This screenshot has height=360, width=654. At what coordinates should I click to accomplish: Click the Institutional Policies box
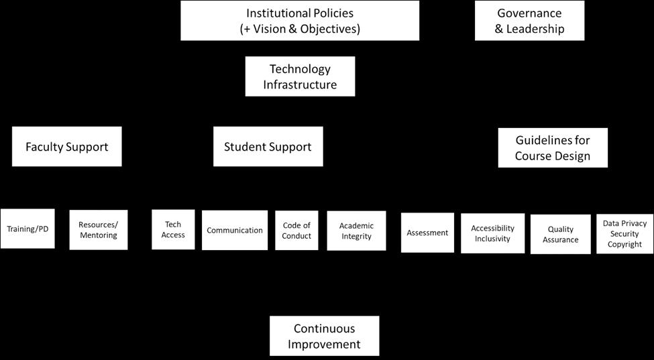pyautogui.click(x=300, y=21)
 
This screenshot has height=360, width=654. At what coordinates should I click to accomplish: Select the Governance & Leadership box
pyautogui.click(x=529, y=21)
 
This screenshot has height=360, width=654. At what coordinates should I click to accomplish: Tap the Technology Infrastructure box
pyautogui.click(x=300, y=76)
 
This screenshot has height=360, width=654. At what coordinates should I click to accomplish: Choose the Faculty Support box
pyautogui.click(x=66, y=147)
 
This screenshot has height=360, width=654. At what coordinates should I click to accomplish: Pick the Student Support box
pyautogui.click(x=268, y=147)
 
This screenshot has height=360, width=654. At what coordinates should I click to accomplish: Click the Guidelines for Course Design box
pyautogui.click(x=553, y=147)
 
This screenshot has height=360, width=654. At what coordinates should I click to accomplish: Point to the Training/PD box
pyautogui.click(x=28, y=229)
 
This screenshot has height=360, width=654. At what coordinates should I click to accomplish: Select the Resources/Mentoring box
pyautogui.click(x=98, y=230)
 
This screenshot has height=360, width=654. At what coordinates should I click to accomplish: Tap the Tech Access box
pyautogui.click(x=173, y=230)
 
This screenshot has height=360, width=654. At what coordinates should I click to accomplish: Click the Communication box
pyautogui.click(x=235, y=230)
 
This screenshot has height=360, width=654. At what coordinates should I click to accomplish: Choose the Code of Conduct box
pyautogui.click(x=296, y=231)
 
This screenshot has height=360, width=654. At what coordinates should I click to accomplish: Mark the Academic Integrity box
pyautogui.click(x=356, y=231)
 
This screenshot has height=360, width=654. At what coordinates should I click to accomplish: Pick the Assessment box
pyautogui.click(x=427, y=233)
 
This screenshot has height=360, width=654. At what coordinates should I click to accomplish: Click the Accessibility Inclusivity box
pyautogui.click(x=492, y=233)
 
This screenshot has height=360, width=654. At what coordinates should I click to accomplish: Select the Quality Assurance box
pyautogui.click(x=560, y=234)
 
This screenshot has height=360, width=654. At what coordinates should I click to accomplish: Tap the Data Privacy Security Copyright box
pyautogui.click(x=624, y=234)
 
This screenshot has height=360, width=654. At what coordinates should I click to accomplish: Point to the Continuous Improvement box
pyautogui.click(x=324, y=336)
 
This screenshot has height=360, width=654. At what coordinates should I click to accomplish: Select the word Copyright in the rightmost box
pyautogui.click(x=624, y=245)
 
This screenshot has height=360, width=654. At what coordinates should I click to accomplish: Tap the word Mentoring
pyautogui.click(x=98, y=235)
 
